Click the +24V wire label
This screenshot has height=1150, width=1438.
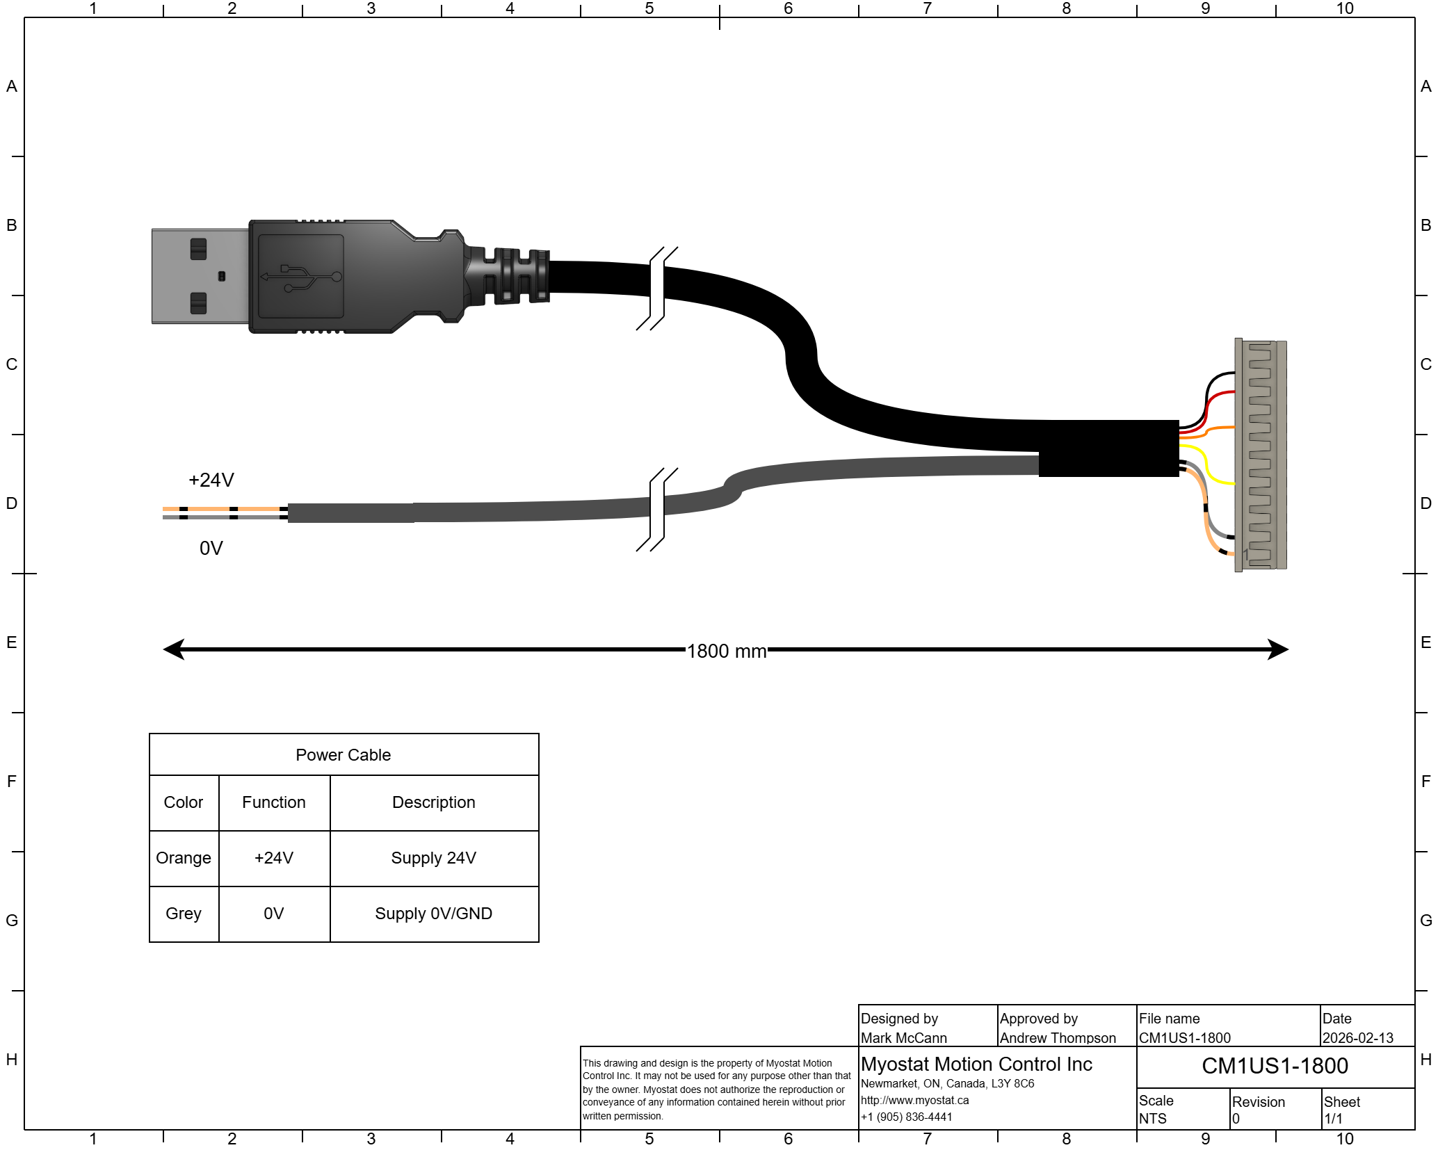pos(211,480)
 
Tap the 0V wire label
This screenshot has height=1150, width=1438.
pos(211,549)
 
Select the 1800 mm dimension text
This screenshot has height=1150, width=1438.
pos(726,651)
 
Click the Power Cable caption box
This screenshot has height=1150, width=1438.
pos(344,754)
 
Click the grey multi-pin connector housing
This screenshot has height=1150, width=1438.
pos(1261,455)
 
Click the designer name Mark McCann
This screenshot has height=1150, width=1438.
pos(903,1038)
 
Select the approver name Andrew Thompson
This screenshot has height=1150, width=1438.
pos(1057,1038)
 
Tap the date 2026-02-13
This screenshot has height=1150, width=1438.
pos(1357,1038)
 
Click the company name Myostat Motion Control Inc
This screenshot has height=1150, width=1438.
pos(976,1064)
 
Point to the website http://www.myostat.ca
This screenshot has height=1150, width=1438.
pos(914,1101)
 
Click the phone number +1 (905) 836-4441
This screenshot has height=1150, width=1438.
pos(906,1117)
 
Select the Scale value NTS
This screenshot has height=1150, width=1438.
pos(1152,1119)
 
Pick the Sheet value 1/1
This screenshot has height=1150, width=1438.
pos(1333,1119)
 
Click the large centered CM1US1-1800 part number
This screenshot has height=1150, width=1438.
pos(1275,1066)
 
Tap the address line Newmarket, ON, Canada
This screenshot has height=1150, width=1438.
pos(947,1084)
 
